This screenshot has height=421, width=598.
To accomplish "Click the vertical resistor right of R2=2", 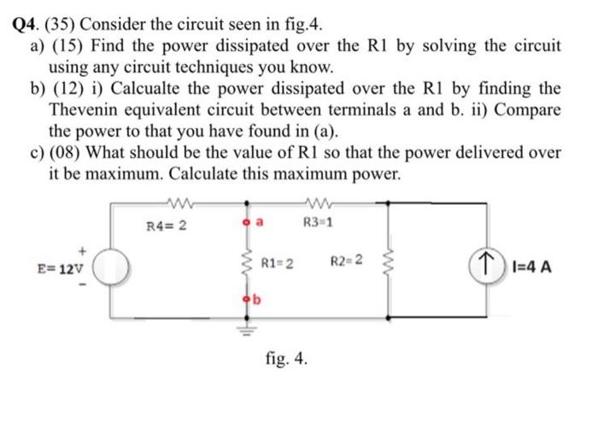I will coord(391,263).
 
